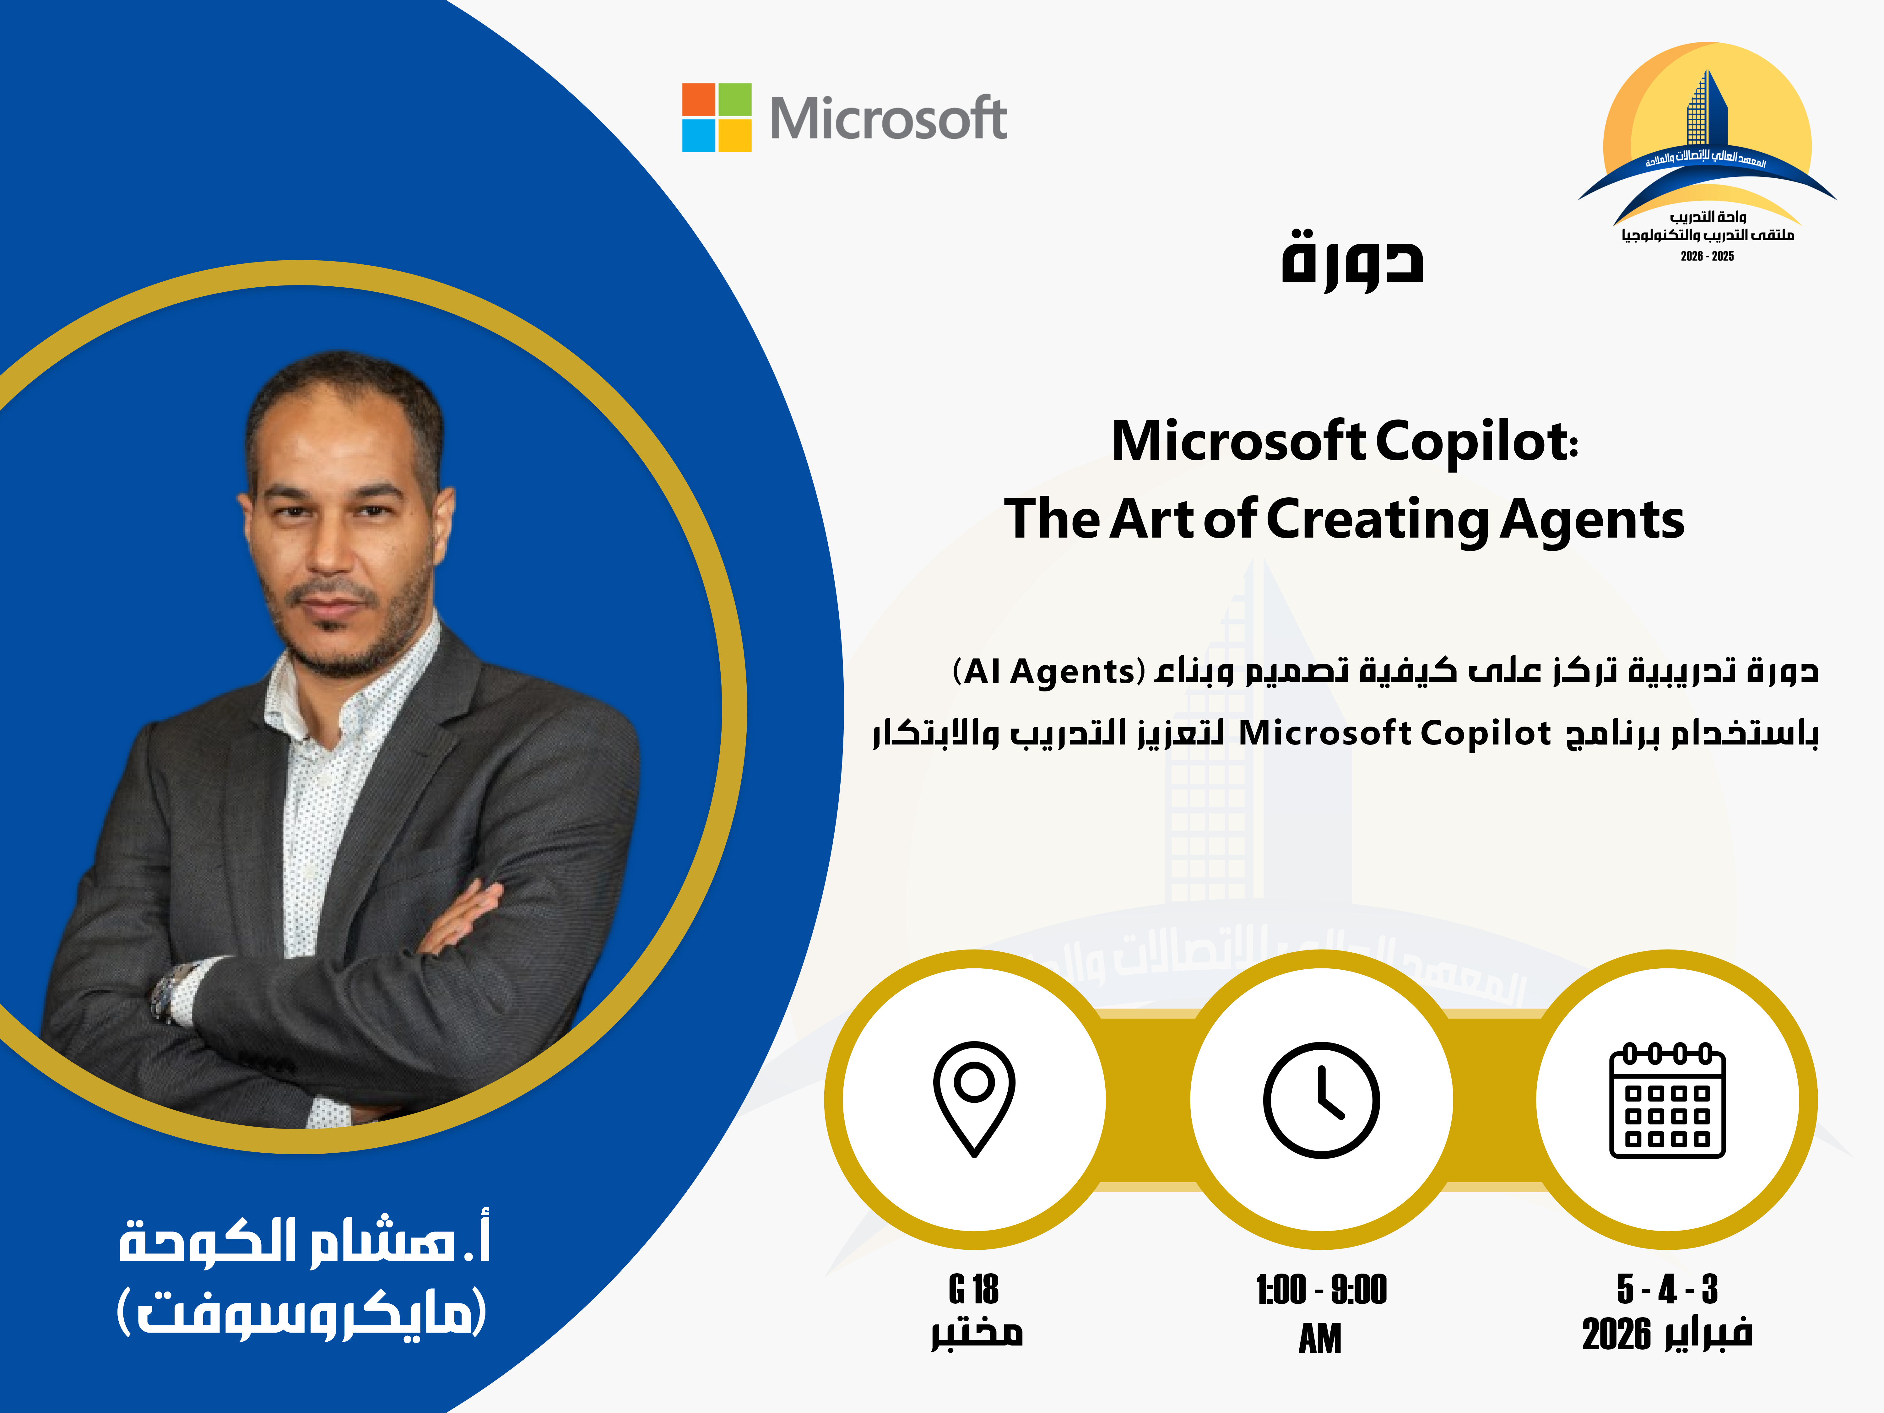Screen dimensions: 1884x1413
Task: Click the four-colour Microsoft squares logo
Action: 716,117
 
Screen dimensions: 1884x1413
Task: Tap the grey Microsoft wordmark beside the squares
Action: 888,118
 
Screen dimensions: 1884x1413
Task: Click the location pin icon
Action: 974,1099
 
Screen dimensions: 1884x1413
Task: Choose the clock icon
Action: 1321,1100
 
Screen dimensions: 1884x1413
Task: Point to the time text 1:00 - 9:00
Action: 1321,1290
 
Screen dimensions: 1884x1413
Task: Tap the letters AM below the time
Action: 1320,1338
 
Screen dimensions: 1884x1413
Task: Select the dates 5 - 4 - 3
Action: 1667,1290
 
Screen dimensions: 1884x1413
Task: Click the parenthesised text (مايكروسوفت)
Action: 301,1312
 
